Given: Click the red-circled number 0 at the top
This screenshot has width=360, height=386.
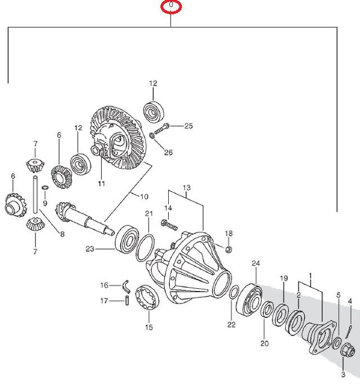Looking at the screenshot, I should pos(171,7).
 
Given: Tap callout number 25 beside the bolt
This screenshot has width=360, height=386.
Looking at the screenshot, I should pos(188,125).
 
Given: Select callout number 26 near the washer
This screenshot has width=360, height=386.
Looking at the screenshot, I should pos(168,152).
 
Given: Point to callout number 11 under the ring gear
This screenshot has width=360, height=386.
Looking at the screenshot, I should pos(101,183).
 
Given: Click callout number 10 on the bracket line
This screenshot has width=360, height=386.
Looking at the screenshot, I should pos(144,196).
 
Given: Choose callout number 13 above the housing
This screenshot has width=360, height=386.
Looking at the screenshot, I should pos(187,187).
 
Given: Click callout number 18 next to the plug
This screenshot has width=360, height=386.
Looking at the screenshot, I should pos(228,233).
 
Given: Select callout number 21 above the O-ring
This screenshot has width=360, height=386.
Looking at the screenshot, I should pos(148,214).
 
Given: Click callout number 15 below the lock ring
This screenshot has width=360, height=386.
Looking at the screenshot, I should pos(148,327).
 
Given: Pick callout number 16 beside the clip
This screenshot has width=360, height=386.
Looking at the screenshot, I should pos(103,285).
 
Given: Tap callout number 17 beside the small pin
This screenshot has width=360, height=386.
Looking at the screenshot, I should pos(103,301).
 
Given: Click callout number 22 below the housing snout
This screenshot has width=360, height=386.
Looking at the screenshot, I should pos(232,324).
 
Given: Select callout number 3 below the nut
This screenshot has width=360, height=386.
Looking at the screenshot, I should pos(343,374).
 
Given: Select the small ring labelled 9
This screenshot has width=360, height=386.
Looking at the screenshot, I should pos(45,187).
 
